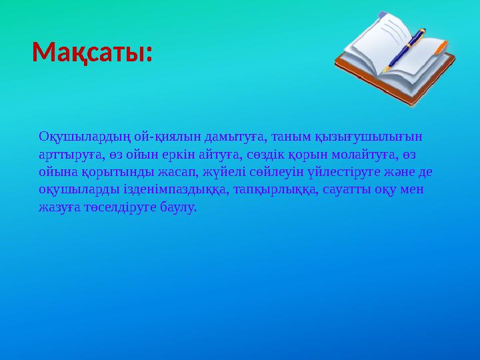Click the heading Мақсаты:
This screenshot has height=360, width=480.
point(92,52)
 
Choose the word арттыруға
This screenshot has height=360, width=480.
point(68,155)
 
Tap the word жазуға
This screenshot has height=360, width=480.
point(59,207)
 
